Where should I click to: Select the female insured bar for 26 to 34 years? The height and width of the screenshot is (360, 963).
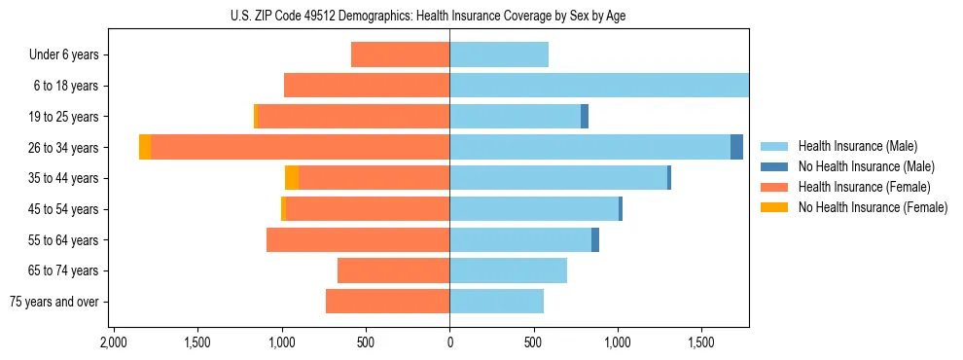(x=300, y=147)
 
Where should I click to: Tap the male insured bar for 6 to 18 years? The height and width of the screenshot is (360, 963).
(x=598, y=86)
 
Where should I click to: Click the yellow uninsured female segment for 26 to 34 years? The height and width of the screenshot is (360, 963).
(x=145, y=147)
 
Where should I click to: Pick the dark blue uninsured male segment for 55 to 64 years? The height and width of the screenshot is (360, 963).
(x=595, y=239)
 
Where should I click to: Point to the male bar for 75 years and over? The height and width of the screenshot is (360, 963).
(x=496, y=302)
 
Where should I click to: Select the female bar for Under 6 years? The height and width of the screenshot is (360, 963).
(x=400, y=54)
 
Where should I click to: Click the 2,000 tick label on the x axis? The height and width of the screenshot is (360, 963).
(x=114, y=343)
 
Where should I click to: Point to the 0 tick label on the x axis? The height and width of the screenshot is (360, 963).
(x=449, y=343)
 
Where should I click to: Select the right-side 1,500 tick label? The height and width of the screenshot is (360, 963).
(x=701, y=343)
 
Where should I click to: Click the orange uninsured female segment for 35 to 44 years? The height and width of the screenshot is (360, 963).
(x=292, y=178)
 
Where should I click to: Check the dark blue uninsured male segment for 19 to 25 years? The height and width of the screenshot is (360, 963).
(x=585, y=117)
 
